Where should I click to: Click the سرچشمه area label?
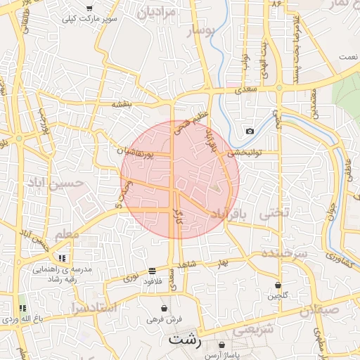[285, 252]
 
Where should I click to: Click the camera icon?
[250, 131]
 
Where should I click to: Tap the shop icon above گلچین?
[278, 285]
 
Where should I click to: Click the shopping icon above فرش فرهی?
[164, 308]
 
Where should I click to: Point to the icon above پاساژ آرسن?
[223, 345]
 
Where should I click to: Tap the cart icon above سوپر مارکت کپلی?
[89, 8]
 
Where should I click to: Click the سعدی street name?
[247, 89]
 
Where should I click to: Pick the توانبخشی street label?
[243, 152]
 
